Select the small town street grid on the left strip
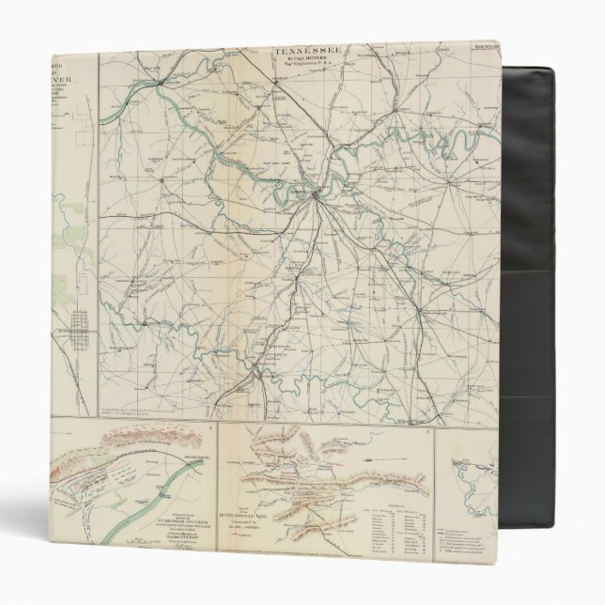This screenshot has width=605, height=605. point(75,330)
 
